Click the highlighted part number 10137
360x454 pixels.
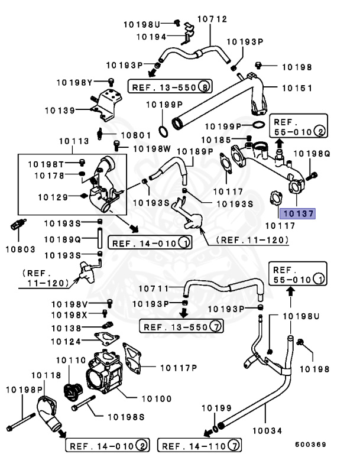[x=298, y=213]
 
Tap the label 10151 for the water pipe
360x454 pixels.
[x=296, y=88]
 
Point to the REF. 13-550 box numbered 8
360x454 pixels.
[x=170, y=87]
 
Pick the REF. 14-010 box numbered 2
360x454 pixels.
[x=108, y=444]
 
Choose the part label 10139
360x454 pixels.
[x=59, y=110]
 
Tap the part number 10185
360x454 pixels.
[x=214, y=140]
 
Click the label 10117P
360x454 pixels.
[x=177, y=368]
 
